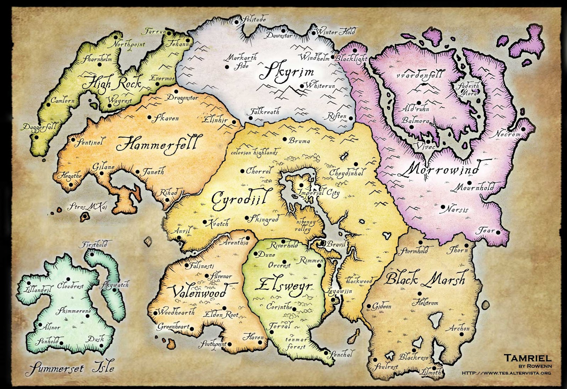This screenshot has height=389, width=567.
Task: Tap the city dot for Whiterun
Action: coord(302,86)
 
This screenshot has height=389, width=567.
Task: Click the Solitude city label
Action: coord(253,20)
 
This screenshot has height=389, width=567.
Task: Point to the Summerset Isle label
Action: coord(70,368)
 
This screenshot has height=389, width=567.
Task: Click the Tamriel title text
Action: coord(527,357)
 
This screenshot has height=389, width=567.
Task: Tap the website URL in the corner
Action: coord(506,373)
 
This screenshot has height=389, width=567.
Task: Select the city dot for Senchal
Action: coord(325,352)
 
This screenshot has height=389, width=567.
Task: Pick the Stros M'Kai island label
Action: coord(87,207)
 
